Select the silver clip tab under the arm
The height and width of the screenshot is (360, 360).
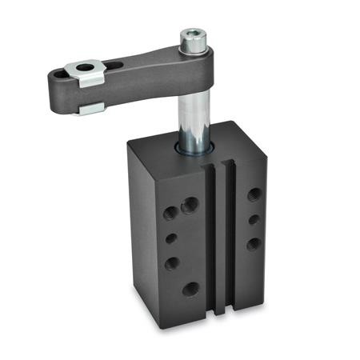click(x=90, y=107)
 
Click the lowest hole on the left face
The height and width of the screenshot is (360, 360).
click(x=190, y=289)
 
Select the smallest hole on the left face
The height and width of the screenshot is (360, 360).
click(x=171, y=238)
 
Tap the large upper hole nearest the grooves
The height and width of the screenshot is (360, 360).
click(x=190, y=206)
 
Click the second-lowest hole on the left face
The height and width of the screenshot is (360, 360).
click(x=171, y=262)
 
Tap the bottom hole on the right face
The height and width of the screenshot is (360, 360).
click(x=254, y=243)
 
